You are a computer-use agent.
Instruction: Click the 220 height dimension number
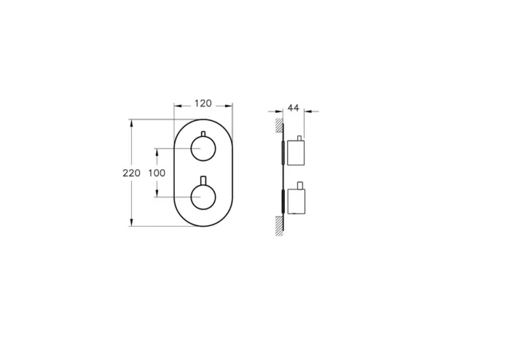[131, 173]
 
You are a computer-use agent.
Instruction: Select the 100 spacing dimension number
[157, 173]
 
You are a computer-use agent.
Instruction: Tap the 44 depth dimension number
[294, 108]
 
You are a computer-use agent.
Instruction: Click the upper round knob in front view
[203, 149]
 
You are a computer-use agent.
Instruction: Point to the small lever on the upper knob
[203, 134]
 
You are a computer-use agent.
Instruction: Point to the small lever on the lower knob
[203, 180]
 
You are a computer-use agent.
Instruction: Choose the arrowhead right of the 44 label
[306, 111]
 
